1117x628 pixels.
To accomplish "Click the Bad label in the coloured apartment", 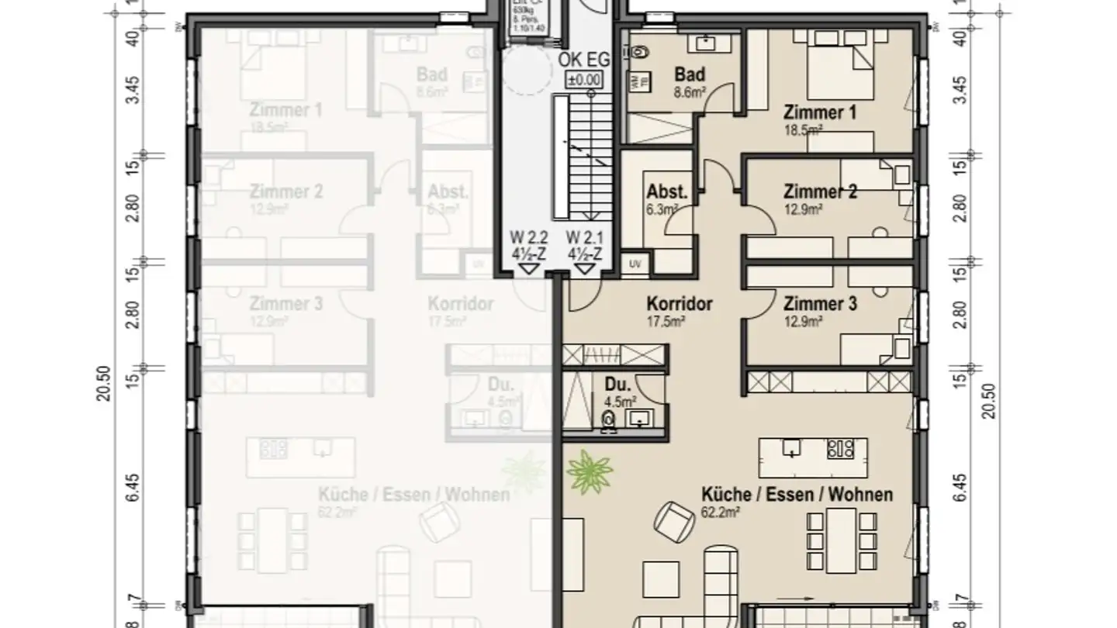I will pos(690,74).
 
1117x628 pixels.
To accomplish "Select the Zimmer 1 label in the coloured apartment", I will pos(819,112).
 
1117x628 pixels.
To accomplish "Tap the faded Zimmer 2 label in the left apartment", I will pos(285,192).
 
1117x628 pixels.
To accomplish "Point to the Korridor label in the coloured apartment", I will pos(680,304).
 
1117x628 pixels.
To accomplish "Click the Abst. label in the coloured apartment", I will pos(667,192).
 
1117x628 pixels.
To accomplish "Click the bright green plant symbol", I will pos(589,470).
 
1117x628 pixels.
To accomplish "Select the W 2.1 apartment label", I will pos(585,236).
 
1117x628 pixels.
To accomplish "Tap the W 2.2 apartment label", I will pos(529,236).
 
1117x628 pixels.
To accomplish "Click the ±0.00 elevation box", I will pos(584,79).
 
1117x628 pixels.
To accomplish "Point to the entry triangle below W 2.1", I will pos(585,268).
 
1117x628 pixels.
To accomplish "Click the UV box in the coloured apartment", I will pos(636,264).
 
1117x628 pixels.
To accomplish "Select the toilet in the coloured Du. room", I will pos(609,419).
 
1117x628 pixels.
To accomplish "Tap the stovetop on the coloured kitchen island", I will pos(840,447).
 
